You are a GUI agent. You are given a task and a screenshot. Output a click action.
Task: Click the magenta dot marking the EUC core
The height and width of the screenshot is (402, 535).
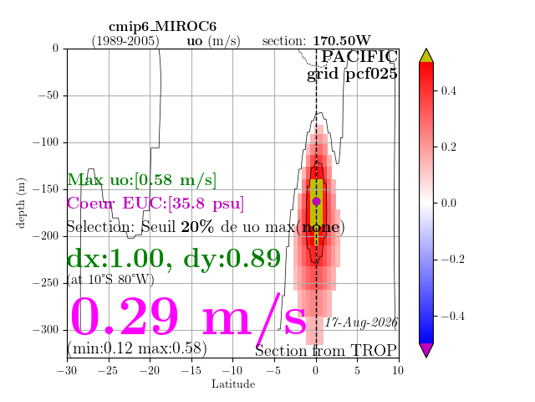(316, 201)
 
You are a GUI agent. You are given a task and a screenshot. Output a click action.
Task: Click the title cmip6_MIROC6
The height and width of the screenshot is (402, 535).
(162, 27)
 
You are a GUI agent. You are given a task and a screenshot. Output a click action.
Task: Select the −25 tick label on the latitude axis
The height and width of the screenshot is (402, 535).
(109, 370)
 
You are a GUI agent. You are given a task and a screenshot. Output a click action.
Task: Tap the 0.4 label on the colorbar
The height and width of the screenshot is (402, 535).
(448, 91)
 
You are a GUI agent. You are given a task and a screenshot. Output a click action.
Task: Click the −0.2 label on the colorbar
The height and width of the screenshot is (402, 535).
(453, 260)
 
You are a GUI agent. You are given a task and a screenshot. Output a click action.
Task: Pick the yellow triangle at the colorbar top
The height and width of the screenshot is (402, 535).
(426, 55)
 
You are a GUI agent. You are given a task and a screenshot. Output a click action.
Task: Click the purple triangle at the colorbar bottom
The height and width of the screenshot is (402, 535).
(426, 350)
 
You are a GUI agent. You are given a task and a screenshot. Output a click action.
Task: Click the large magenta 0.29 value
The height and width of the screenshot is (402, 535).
(124, 317)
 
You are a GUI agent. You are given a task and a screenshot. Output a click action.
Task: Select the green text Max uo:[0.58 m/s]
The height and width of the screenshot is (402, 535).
(141, 180)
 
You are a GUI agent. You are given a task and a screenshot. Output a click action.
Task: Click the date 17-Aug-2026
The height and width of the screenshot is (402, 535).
(361, 322)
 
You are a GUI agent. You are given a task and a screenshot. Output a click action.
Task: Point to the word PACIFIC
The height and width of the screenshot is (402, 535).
(359, 56)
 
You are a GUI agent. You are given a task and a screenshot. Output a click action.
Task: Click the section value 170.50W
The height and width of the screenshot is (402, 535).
(342, 41)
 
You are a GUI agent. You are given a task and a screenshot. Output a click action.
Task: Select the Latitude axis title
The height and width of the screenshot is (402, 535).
(233, 384)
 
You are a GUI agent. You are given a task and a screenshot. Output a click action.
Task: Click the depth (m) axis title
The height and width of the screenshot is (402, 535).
(20, 203)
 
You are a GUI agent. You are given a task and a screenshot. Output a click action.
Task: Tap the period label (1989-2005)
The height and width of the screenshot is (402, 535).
(125, 41)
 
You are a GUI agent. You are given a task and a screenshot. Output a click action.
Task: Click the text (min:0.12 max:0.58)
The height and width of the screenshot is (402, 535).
(137, 348)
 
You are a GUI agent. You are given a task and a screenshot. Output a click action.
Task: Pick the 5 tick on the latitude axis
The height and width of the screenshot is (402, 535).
(357, 370)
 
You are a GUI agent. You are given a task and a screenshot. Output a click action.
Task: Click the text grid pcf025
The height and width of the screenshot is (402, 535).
(352, 75)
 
